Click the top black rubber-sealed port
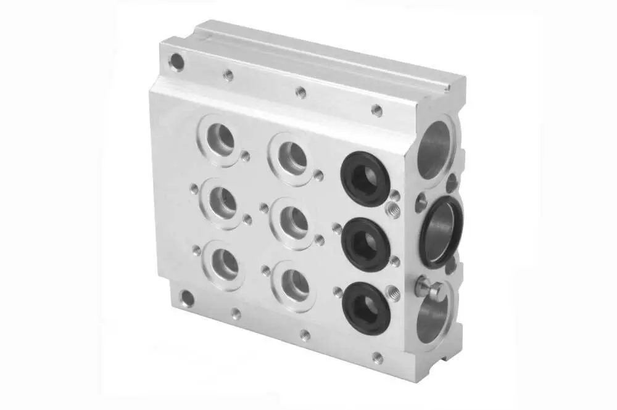coord(365,179)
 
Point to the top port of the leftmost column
coord(221,139)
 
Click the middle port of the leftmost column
coord(221,202)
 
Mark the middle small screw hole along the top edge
coord(300,92)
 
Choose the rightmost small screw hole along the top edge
coord(376,110)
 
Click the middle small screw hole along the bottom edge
coord(304,335)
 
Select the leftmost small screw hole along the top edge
coord(228,75)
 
